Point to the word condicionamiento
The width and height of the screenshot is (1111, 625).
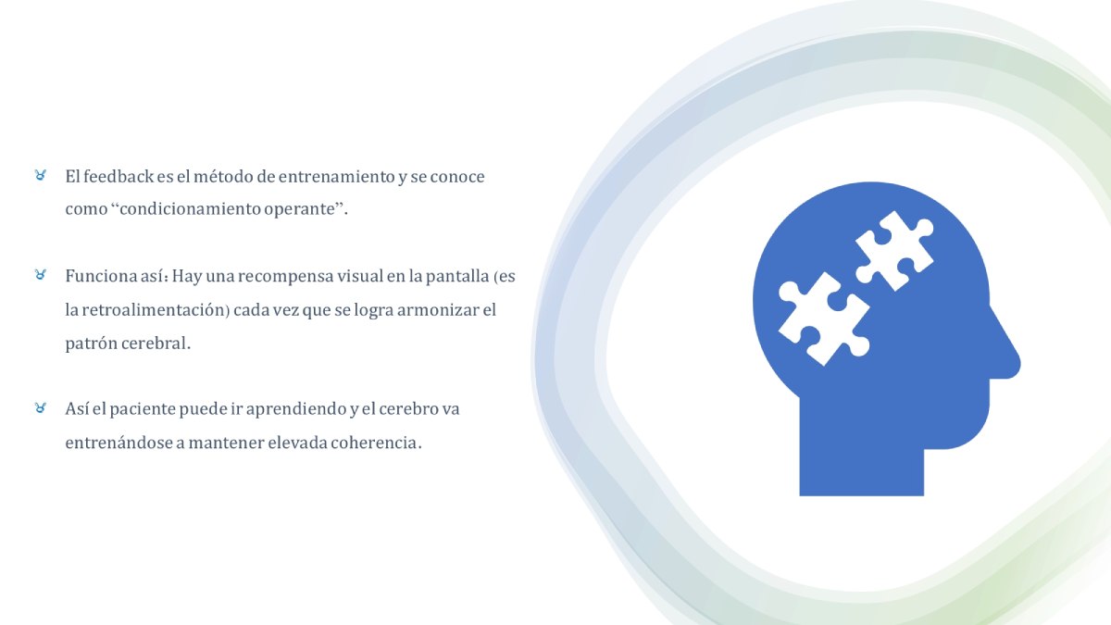coord(190,209)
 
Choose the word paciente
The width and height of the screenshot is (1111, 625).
coord(142,409)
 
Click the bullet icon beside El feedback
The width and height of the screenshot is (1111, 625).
coord(40,175)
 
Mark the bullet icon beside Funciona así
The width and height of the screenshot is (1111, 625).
coord(40,274)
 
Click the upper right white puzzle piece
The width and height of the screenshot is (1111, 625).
coord(894,251)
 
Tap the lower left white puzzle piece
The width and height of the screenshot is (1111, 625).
coord(823,319)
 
